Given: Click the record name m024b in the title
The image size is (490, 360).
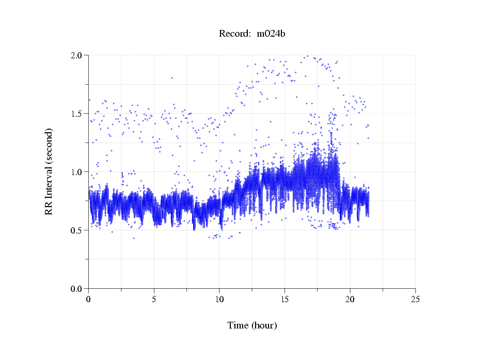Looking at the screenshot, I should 271,34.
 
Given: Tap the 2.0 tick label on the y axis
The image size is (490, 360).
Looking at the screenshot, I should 79,55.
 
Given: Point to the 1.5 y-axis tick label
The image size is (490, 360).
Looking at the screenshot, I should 79,114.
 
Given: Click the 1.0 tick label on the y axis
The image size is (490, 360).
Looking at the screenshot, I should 79,172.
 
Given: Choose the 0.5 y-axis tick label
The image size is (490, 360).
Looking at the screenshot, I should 79,230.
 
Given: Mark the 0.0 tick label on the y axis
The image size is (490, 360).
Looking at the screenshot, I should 79,289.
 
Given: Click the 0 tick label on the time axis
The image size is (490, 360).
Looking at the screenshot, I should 89,299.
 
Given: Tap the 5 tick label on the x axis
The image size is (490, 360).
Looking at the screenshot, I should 154,299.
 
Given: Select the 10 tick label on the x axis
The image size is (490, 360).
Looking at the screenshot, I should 219,299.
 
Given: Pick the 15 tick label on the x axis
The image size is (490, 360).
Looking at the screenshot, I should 284,299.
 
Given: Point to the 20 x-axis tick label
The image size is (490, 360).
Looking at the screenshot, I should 350,299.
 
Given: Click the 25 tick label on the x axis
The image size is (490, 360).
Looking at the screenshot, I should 415,299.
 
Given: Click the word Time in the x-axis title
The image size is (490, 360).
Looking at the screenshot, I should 238,325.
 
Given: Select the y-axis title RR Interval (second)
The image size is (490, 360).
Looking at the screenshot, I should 49,171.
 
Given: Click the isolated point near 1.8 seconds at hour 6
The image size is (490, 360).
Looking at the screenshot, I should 172,78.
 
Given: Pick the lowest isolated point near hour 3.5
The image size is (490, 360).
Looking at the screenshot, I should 134,238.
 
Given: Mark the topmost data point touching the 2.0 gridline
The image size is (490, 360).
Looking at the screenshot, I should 308,56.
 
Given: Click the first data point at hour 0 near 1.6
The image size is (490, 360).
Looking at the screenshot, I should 89,100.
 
